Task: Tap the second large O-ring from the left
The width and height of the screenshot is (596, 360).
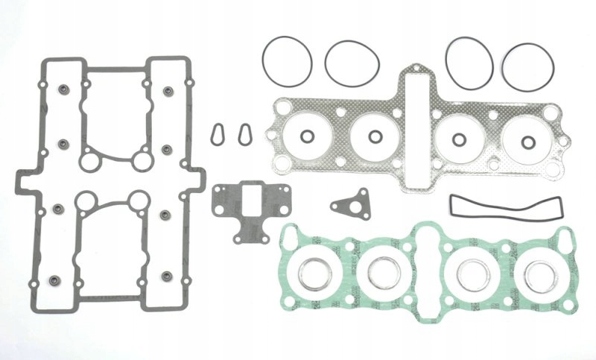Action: coord(352,60)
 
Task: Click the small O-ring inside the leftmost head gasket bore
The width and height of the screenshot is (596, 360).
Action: coord(306,136)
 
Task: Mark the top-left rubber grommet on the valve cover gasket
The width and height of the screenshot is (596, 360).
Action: coord(62,91)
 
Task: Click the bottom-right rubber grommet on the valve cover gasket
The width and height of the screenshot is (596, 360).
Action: coord(167,277)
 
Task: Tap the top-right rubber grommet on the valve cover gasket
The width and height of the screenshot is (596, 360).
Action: coord(167,91)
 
